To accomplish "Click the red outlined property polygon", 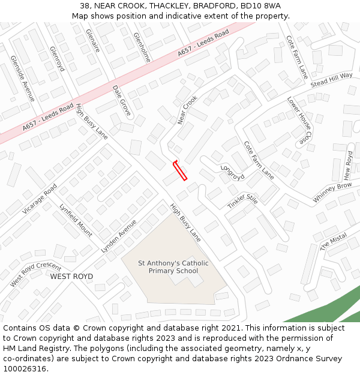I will click(x=180, y=170).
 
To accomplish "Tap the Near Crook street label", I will click(x=188, y=110).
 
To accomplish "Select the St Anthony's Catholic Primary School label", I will click(x=173, y=267).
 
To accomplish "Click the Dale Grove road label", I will click(x=122, y=100).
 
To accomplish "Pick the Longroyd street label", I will click(x=232, y=172).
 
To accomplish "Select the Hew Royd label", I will click(x=349, y=165).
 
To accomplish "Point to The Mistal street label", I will click(x=333, y=241).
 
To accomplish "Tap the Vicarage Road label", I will click(x=40, y=199).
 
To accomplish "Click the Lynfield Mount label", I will click(x=76, y=220).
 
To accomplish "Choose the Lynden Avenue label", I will click(x=119, y=236).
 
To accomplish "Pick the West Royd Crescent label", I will click(x=35, y=274).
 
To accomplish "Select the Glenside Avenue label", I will click(x=23, y=78).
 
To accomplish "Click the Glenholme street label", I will click(x=142, y=47).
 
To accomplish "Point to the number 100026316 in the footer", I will click(x=25, y=369).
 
